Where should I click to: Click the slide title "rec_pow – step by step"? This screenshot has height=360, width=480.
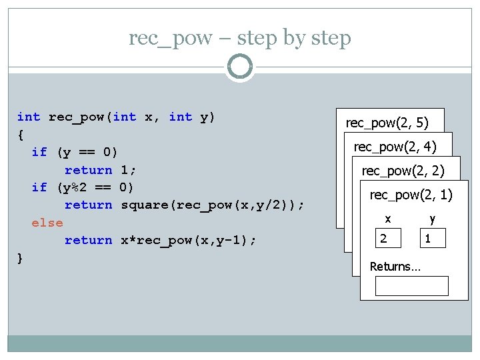tap(240, 38)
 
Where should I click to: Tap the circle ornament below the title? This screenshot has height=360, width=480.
tap(240, 67)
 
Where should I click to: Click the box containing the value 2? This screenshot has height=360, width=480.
tap(387, 238)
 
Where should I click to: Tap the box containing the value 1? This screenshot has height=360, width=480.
tap(432, 238)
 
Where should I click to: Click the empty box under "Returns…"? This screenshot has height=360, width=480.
tap(411, 285)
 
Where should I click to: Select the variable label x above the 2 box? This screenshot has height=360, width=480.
tap(387, 218)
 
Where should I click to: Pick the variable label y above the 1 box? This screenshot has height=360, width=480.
tap(432, 218)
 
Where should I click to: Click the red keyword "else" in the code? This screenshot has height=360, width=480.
tap(47, 223)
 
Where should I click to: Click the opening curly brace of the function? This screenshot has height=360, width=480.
tap(21, 135)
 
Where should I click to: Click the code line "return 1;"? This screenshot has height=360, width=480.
tap(100, 170)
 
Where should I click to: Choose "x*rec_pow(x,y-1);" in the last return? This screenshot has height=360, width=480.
tap(183, 240)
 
